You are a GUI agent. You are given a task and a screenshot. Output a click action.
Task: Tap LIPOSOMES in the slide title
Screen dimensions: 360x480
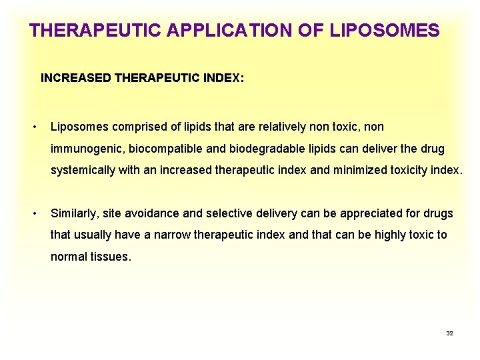click(384, 31)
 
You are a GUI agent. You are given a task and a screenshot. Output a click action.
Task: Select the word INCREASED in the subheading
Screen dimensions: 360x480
click(76, 78)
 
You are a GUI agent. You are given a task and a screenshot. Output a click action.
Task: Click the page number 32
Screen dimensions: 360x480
click(449, 333)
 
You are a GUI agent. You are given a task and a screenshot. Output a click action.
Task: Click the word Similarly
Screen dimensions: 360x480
click(74, 213)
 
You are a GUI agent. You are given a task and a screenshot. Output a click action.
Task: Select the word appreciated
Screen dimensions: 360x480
click(372, 213)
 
